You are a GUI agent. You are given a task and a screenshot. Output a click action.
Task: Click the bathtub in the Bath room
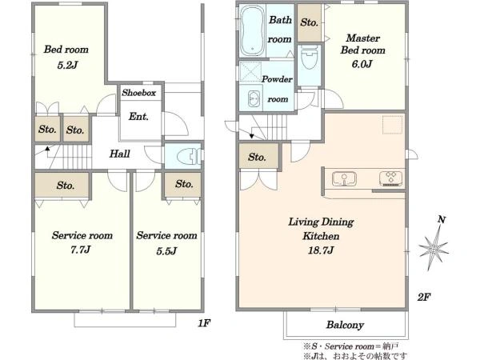(253, 30)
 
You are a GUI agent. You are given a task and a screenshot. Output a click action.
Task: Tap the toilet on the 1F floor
(190, 156)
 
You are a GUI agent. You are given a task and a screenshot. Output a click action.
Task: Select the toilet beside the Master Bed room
(309, 58)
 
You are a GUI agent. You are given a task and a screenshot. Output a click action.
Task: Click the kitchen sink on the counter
(344, 179)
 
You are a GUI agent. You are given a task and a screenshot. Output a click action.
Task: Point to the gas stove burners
(390, 178)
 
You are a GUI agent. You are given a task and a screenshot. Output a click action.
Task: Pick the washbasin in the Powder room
(254, 99)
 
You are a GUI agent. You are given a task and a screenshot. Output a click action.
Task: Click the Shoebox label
(138, 93)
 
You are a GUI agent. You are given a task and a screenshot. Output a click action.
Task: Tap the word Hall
(120, 154)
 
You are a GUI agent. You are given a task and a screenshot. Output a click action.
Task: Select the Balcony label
(345, 325)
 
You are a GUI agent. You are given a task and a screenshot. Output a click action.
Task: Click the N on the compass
(442, 219)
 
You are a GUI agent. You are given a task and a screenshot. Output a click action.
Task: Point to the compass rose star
(434, 248)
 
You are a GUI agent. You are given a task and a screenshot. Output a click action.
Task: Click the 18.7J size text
(321, 250)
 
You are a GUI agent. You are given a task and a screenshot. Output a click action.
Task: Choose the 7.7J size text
(80, 250)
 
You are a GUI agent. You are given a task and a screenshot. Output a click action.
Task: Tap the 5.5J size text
(166, 251)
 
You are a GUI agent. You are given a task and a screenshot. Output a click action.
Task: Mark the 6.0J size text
(362, 64)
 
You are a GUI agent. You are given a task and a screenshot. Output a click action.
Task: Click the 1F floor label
(204, 323)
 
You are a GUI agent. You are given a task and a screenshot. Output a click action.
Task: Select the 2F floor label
(424, 297)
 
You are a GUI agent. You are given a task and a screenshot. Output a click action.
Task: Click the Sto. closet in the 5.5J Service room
(183, 185)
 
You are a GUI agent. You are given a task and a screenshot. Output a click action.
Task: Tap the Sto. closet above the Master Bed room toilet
(309, 22)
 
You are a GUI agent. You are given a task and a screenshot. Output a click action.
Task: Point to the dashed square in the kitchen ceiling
(393, 125)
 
